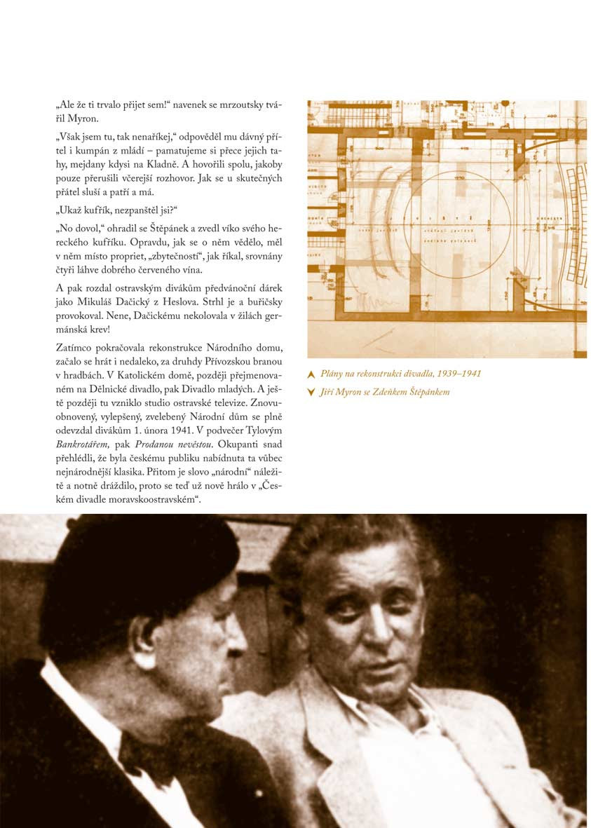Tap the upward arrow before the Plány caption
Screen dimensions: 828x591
[x=311, y=375]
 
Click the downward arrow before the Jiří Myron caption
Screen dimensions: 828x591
[x=311, y=393]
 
